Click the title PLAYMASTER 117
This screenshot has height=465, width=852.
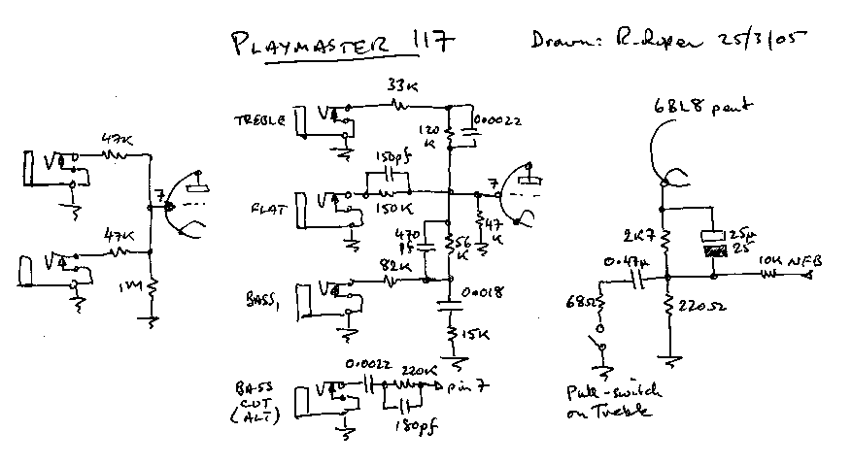pos(341,46)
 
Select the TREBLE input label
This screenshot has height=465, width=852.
pos(259,120)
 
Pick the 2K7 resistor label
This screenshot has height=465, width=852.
pos(637,235)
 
